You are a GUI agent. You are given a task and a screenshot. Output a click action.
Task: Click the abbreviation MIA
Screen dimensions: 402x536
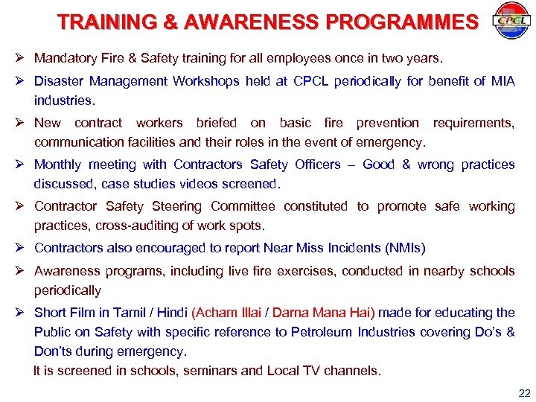click(502, 81)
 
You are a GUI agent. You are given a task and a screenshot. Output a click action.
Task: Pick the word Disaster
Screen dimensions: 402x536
click(57, 81)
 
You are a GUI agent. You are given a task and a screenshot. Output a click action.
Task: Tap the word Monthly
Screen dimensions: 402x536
click(59, 165)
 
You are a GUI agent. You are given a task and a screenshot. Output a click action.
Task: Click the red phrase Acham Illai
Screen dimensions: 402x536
click(226, 313)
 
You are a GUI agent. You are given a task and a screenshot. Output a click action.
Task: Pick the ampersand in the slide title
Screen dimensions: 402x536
click(171, 22)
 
